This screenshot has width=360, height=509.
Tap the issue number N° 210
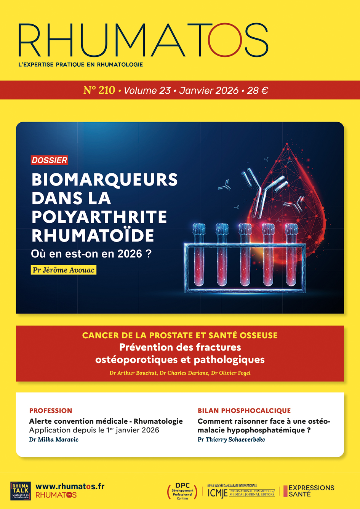coord(99,90)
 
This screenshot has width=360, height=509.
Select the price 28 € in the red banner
coord(258,91)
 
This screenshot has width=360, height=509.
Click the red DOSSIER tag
coord(50,160)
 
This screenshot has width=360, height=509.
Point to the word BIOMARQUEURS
coord(104,180)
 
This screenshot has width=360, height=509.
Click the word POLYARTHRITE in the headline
coord(99,217)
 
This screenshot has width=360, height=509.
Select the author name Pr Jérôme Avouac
coord(63,270)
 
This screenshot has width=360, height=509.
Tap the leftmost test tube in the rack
coord(199,255)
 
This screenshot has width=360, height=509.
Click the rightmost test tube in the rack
coord(291,255)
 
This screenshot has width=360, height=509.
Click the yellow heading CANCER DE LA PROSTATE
coord(180,336)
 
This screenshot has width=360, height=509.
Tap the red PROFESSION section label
coord(51,411)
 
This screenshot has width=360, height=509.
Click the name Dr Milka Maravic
coord(54,440)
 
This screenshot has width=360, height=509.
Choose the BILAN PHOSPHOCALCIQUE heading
coord(244,411)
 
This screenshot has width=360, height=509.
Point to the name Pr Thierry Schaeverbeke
coord(231,440)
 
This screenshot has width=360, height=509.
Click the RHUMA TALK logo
coord(21,491)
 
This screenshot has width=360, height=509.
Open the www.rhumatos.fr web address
coord(70,487)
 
